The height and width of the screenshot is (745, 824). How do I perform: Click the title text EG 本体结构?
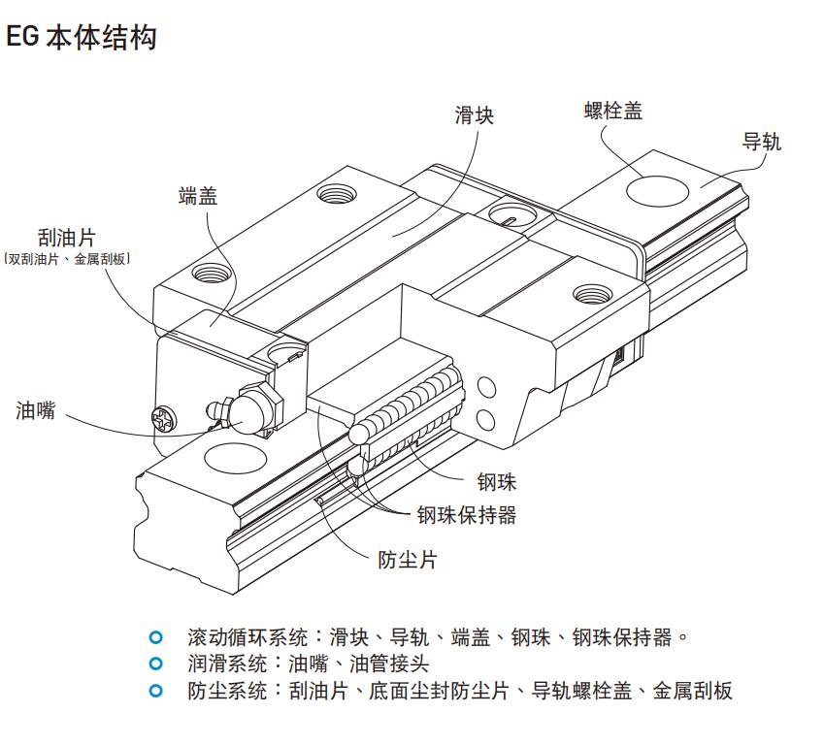pos(82,39)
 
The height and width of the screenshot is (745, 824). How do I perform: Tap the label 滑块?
pos(475,115)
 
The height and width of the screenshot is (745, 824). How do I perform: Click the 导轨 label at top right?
pos(762,143)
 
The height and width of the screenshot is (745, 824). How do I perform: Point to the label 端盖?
pos(198,196)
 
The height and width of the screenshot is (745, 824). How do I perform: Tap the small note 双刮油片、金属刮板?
pos(67,259)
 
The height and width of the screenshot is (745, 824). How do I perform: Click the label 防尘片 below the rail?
pos(407,560)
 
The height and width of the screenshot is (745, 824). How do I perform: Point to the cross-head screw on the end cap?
pos(161,420)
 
